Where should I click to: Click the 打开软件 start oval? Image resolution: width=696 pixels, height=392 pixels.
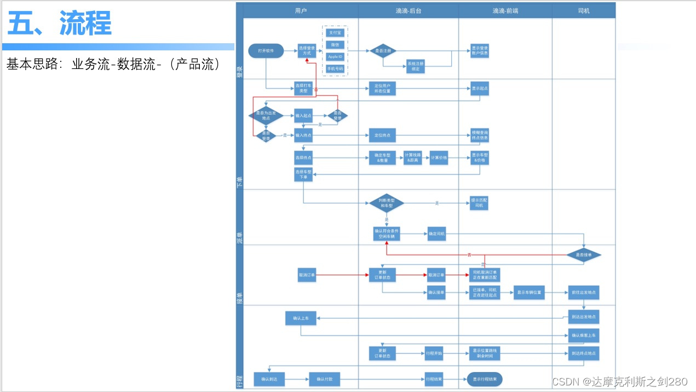click(266, 51)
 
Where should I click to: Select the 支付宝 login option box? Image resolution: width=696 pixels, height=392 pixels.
click(335, 33)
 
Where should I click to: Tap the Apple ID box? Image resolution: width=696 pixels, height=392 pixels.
click(335, 56)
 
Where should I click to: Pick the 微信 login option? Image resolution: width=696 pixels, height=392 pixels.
click(335, 44)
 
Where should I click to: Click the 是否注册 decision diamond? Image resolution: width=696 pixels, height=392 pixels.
click(383, 51)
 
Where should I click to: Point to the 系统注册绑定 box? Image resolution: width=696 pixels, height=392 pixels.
click(415, 66)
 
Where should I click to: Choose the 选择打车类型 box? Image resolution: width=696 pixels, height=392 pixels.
click(303, 88)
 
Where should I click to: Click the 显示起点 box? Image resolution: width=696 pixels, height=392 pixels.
click(479, 88)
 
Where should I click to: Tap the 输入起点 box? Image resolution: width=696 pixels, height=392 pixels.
click(303, 116)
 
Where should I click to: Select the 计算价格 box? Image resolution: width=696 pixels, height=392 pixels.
click(439, 158)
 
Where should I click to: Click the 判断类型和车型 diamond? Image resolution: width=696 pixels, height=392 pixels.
click(387, 203)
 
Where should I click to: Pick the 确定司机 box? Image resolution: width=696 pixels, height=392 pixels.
click(436, 234)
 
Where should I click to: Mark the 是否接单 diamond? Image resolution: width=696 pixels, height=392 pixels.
click(583, 255)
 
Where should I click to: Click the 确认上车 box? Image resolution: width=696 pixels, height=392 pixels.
click(301, 318)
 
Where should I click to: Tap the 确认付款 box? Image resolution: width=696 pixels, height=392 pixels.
click(325, 379)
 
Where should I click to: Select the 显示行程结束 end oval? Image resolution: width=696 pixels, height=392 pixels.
click(484, 379)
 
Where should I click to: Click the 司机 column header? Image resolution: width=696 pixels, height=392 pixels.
click(584, 10)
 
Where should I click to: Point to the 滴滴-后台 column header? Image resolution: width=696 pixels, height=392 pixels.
click(409, 10)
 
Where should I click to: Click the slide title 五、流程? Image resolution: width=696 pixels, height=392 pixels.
click(59, 23)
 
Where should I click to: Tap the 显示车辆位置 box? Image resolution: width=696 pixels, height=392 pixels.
click(530, 292)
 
